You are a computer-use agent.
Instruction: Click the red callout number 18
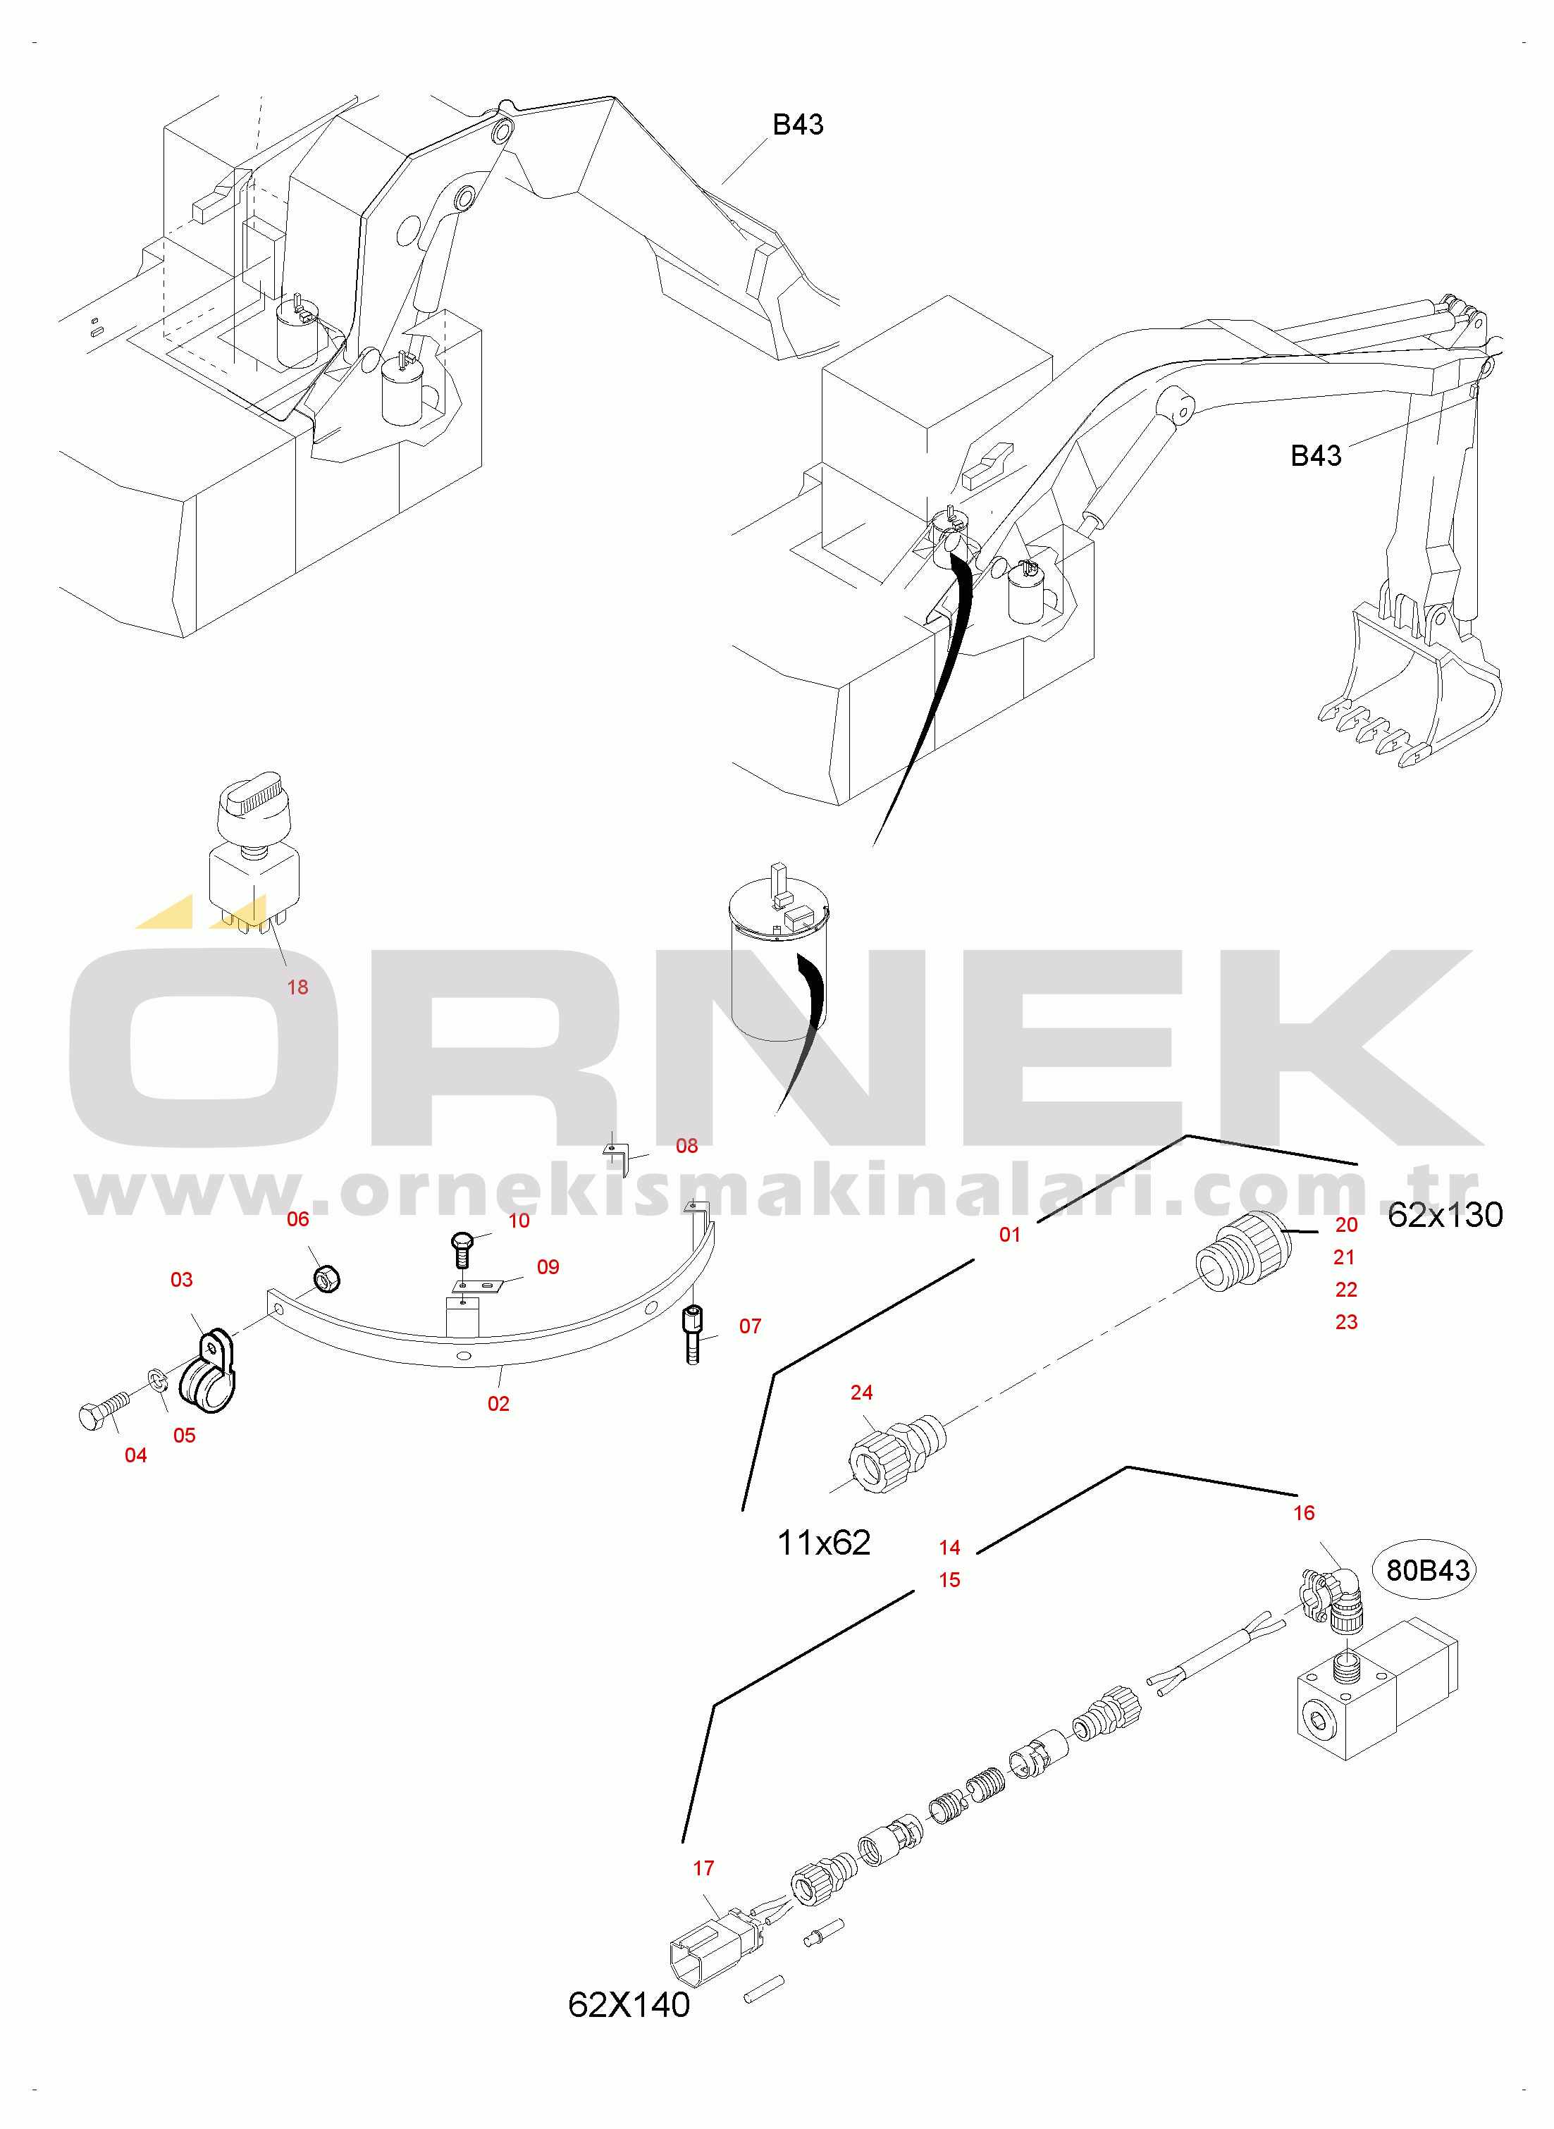coord(297,987)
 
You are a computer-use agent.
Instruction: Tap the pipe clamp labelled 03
coord(208,1370)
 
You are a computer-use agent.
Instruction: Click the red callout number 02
coord(498,1404)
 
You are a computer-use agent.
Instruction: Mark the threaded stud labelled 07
coord(693,1334)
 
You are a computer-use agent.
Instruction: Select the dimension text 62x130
coord(1445,1215)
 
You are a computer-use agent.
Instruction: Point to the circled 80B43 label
coord(1427,1570)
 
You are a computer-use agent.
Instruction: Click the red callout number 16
coord(1304,1513)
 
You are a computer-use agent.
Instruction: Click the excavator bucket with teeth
coord(1408,686)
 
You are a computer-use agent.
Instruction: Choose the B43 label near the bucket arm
coord(1316,456)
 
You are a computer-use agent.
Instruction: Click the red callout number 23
coord(1346,1322)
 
